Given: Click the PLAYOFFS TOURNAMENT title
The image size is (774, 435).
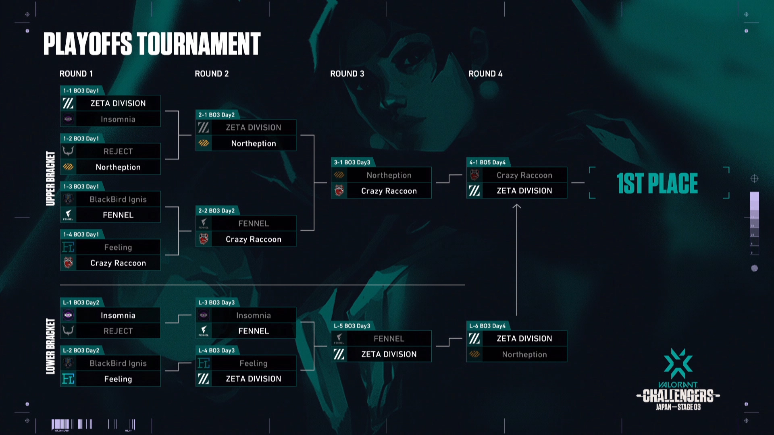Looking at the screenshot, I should pos(152,44).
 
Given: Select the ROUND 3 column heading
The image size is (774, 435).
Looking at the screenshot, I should pos(347,74).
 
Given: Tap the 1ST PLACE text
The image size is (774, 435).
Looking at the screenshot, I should pos(657,183).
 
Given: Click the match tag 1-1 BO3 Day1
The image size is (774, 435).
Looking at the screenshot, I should pos(81,91).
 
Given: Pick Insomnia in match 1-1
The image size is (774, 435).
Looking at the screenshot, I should pos(118,119).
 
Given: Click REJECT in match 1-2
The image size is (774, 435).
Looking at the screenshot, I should pos(118,151).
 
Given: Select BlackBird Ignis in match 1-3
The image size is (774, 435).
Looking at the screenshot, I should pos(118,199).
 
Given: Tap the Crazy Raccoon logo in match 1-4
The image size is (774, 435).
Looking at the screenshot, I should pos(68,263).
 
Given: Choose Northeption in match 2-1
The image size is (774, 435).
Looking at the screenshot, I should pos(253,143).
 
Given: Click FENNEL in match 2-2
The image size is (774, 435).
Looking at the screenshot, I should pos(253,224).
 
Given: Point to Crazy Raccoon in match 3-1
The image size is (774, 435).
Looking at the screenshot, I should pos(389,191).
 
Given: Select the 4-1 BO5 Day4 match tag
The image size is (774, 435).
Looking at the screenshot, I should pos(487,162).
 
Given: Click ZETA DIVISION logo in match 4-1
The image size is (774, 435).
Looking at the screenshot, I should pos(474,191).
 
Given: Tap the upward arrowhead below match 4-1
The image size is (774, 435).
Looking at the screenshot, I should pos(516,207).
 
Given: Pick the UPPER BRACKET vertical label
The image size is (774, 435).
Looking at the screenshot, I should pos(50,178).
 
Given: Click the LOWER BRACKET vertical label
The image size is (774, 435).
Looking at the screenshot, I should pos(50,346).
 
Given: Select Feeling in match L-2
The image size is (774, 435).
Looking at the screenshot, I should pos(118,379).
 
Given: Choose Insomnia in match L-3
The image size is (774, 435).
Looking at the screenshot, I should pos(253,315).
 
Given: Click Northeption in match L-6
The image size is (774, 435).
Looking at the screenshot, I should pos(524,354).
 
